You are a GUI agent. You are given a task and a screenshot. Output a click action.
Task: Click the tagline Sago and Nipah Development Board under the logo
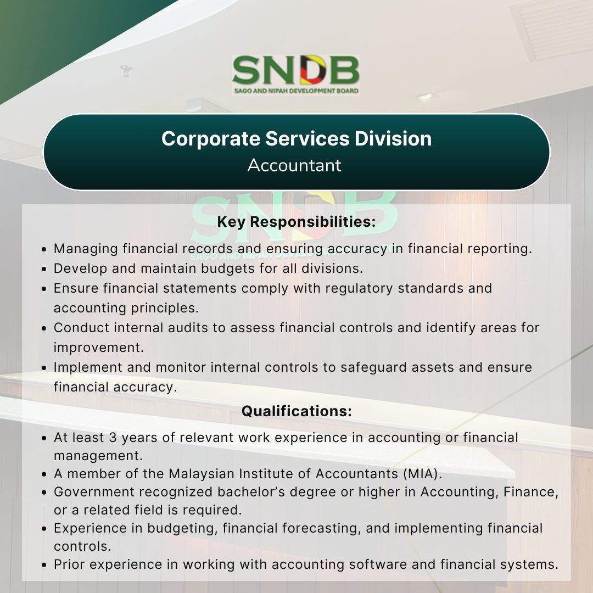coord(296,91)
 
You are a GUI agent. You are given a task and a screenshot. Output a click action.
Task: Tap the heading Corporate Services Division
coord(296,138)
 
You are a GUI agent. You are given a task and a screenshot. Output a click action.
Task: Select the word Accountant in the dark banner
coord(294,165)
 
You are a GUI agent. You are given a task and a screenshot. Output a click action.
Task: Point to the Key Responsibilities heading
coord(296,222)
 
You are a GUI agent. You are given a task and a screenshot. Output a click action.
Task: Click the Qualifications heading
coord(296,411)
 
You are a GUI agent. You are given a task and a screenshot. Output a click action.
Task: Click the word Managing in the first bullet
coord(86,249)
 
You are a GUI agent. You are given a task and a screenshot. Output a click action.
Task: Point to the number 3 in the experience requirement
coord(113,438)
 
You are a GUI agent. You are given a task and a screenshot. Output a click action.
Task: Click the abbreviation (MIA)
coord(422,474)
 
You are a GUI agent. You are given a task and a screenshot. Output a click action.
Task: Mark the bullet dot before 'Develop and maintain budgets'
coord(44,269)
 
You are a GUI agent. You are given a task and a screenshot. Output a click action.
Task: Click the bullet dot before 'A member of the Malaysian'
coord(44,474)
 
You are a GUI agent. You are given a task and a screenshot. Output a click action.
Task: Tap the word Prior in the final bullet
coord(70,564)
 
